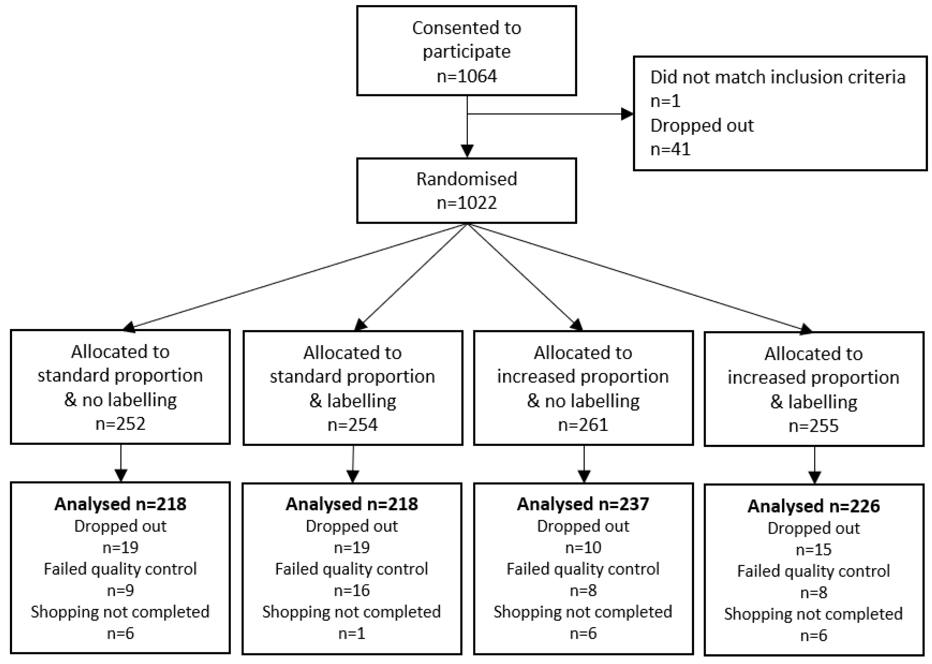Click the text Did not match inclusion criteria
pos(778,77)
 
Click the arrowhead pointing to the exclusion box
pos(627,114)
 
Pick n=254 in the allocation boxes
pos(352,425)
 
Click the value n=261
pos(583,425)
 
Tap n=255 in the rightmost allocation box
pos(814,426)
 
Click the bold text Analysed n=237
pos(583,504)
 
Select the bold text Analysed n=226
pos(814,506)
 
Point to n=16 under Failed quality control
pos(352,590)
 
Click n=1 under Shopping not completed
pos(352,633)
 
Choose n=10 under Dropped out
pos(583,547)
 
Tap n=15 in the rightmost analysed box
pos(814,550)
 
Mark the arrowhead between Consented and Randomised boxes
pos(467,150)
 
